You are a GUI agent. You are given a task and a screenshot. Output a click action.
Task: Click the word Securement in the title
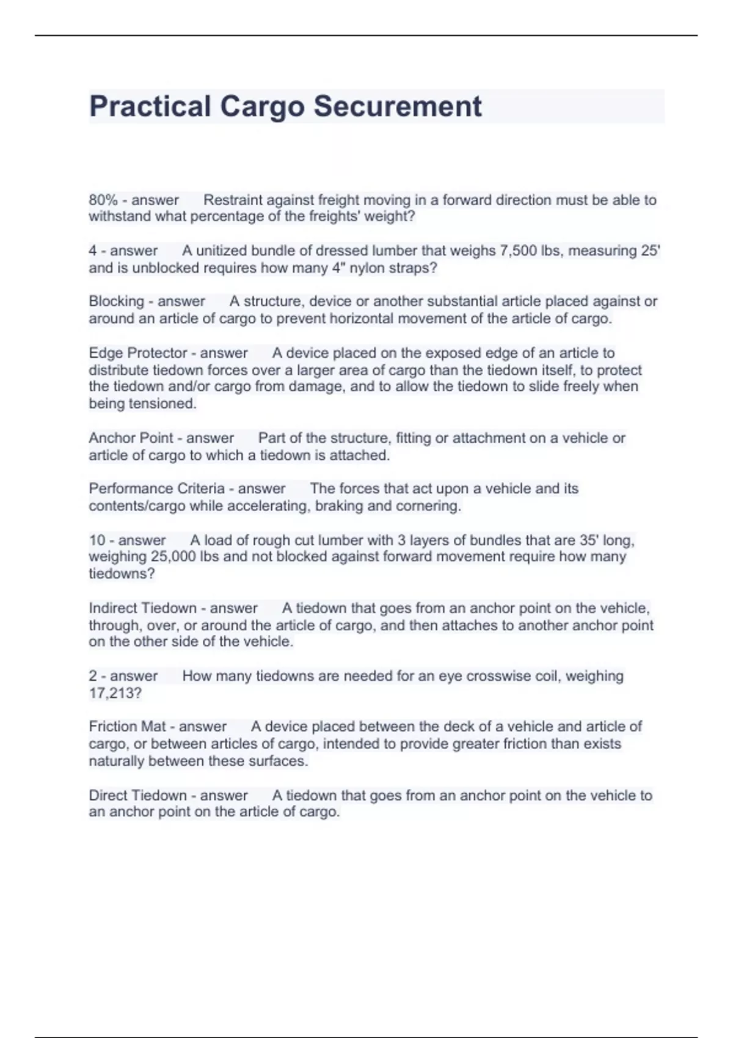point(398,106)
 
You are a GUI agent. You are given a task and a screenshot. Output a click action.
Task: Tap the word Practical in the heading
point(150,106)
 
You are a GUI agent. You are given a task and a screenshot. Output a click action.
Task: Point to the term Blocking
point(116,302)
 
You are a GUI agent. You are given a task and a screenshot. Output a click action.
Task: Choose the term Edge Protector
point(137,353)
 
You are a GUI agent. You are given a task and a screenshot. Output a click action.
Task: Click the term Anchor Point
point(130,438)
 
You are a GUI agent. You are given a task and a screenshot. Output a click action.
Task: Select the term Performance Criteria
point(156,488)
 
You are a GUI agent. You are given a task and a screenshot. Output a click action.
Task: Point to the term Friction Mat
point(126,727)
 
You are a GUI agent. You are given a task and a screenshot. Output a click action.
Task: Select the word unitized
point(223,251)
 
